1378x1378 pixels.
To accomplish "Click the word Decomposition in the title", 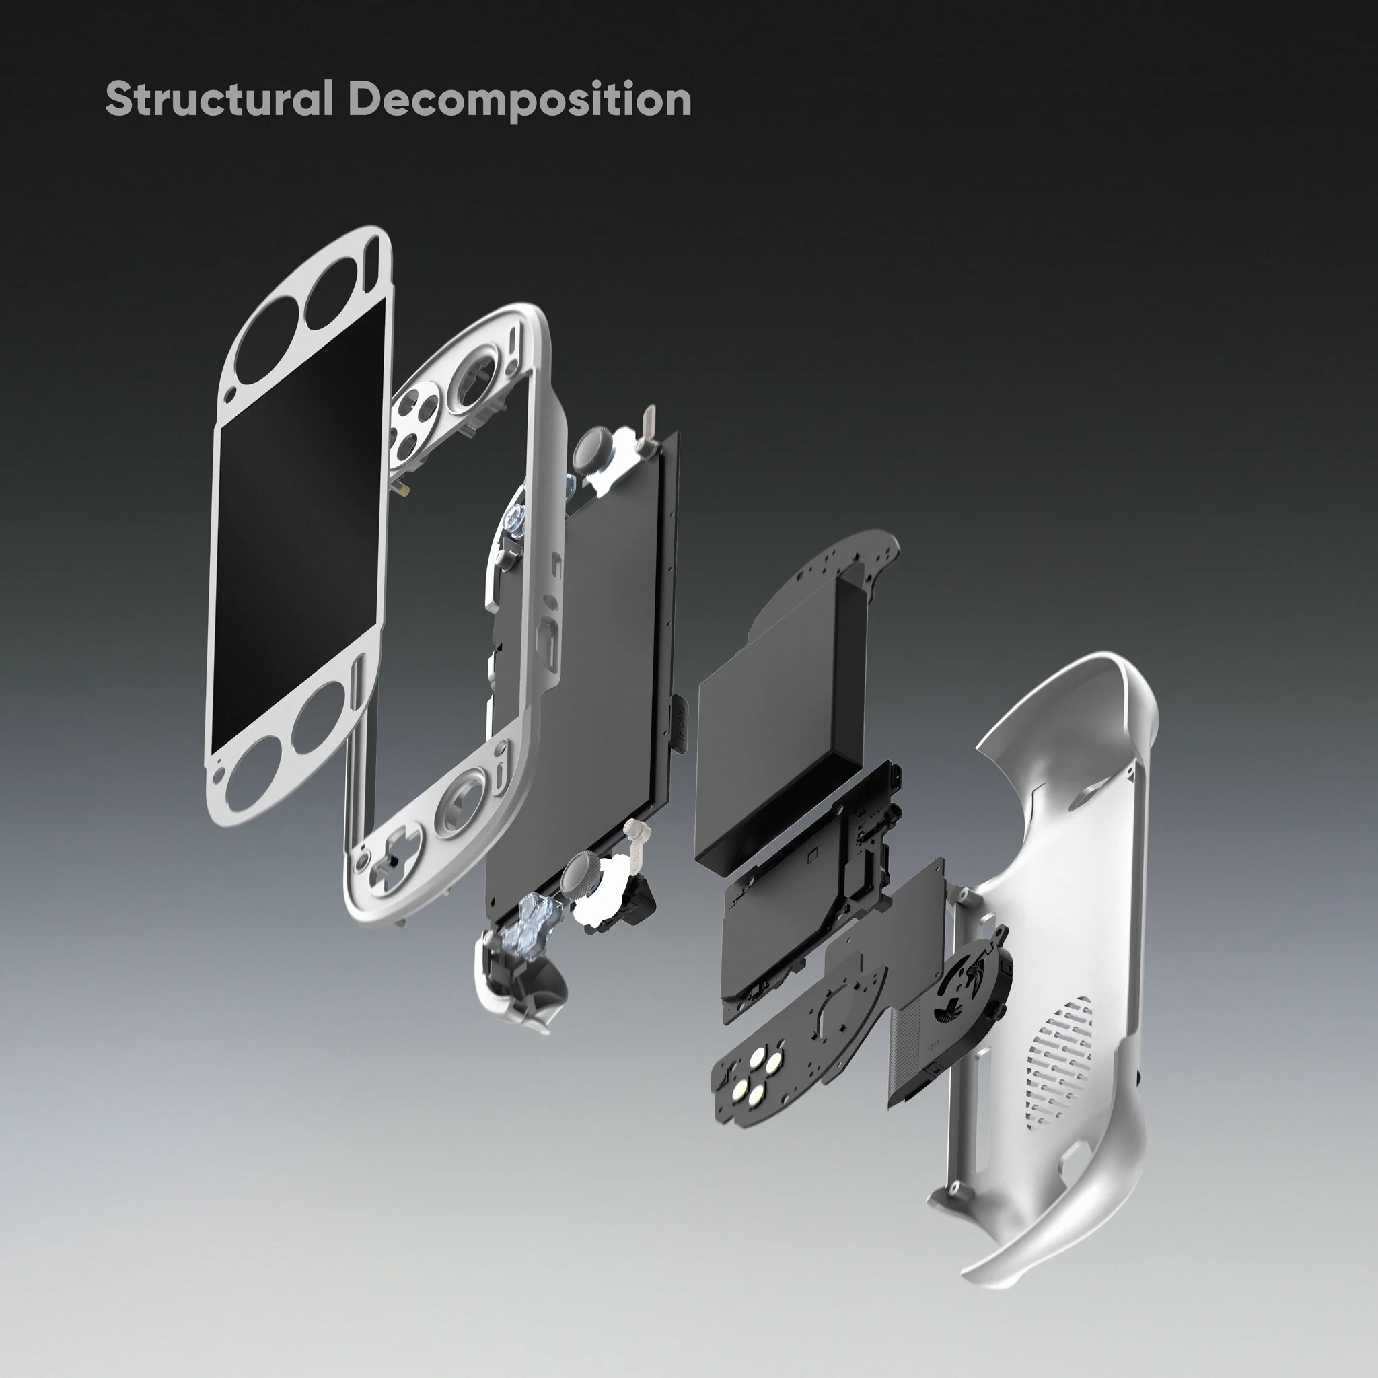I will pyautogui.click(x=519, y=100).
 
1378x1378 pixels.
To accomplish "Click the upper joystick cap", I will pyautogui.click(x=591, y=450).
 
